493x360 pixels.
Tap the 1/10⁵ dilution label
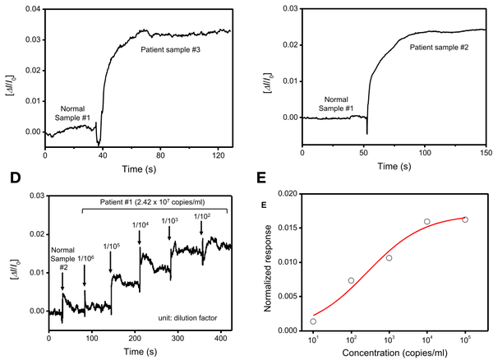(111, 246)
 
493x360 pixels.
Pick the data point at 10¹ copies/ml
(313, 321)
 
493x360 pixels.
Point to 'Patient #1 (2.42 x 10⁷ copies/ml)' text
(156, 201)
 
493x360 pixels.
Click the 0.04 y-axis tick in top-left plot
(30, 9)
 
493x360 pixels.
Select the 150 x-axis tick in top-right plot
(485, 153)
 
